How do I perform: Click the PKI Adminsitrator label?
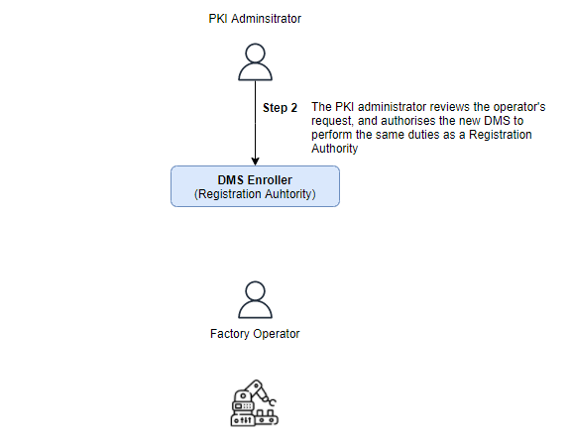[255, 19]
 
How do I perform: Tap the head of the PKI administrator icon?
[255, 54]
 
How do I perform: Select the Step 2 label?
[281, 108]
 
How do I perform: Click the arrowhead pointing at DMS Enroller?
[256, 162]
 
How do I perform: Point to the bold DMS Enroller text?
[255, 179]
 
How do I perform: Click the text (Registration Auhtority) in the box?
[255, 194]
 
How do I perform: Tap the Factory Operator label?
[255, 334]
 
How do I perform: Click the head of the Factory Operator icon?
[255, 291]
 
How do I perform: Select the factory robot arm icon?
[255, 402]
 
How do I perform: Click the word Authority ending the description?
[334, 149]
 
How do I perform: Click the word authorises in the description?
[408, 121]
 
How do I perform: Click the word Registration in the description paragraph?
[501, 135]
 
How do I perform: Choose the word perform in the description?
[331, 136]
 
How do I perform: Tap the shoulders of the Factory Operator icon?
[255, 309]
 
